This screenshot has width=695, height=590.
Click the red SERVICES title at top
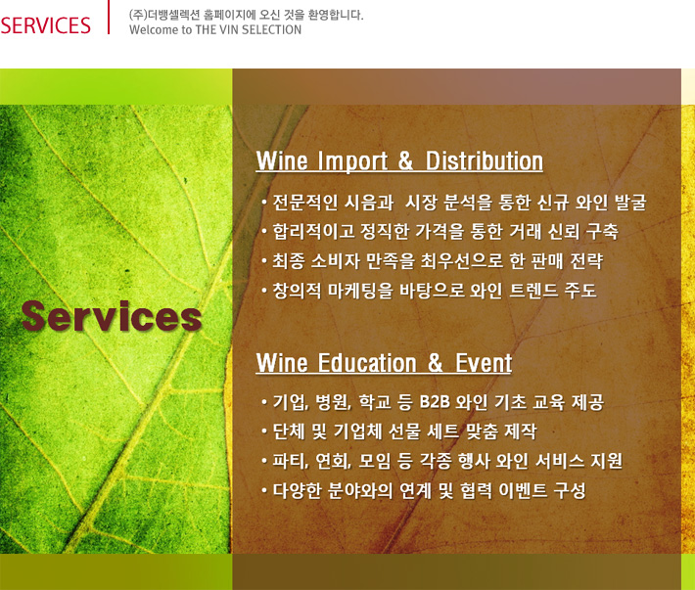coord(46,25)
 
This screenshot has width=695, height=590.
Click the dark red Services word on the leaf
coord(112,316)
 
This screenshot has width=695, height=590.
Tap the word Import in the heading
coord(352,160)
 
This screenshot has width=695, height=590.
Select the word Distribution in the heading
coord(484,160)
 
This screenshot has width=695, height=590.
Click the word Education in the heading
coord(367,363)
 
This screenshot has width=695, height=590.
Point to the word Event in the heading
coord(484,363)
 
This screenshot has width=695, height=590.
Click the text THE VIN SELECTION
coord(249,29)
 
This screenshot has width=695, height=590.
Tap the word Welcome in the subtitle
coord(154,29)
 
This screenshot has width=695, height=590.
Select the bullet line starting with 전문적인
coord(454,202)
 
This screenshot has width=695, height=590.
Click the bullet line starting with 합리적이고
coord(440,231)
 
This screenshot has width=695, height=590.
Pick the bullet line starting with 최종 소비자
coord(432,261)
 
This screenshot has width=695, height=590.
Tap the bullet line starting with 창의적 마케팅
coord(429,291)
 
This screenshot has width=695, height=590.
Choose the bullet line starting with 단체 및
coord(399,431)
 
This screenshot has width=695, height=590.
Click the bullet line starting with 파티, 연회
coord(441,461)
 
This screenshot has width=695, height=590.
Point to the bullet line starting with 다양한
coord(424,490)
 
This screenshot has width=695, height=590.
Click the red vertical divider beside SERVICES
coord(108,17)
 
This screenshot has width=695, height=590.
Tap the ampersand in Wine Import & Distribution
coord(405,160)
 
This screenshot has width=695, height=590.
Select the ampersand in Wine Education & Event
coord(436,363)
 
